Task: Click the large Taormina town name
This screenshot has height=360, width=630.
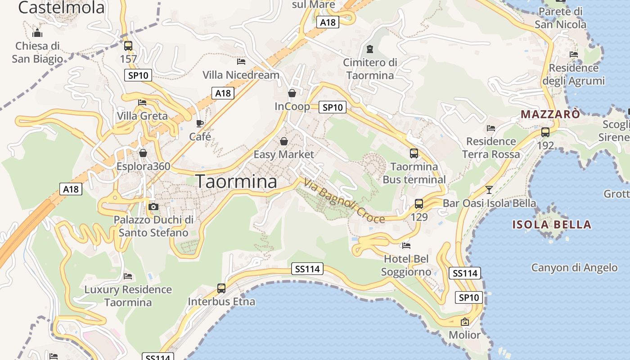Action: point(237,181)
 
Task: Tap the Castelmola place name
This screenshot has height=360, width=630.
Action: point(61,7)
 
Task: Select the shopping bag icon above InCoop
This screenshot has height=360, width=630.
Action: point(292,93)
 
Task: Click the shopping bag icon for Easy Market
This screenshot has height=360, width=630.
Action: point(284,141)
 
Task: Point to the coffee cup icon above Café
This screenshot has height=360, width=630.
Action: point(200,123)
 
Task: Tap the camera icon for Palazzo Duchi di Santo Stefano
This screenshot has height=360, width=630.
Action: point(153,207)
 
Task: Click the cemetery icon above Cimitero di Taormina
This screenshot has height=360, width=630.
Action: point(370,49)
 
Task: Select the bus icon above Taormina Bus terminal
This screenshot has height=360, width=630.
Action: point(414,153)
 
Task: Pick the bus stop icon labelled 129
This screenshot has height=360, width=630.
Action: point(419,204)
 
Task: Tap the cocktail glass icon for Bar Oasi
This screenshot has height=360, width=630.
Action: point(489,190)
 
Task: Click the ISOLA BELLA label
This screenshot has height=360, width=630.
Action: point(552,225)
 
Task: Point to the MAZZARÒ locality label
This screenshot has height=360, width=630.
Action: point(550,114)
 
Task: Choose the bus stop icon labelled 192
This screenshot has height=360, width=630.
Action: point(545,132)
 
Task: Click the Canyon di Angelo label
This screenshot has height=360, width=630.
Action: point(574,268)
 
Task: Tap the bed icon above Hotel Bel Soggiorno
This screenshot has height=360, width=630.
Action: point(406,246)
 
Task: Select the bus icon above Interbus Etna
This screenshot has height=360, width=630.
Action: point(221,288)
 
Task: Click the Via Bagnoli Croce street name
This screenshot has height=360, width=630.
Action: point(344,201)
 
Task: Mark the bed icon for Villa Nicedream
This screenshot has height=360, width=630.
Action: point(241,61)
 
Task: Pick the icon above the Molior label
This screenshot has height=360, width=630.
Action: point(465,322)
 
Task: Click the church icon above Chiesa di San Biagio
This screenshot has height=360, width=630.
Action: point(37,33)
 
